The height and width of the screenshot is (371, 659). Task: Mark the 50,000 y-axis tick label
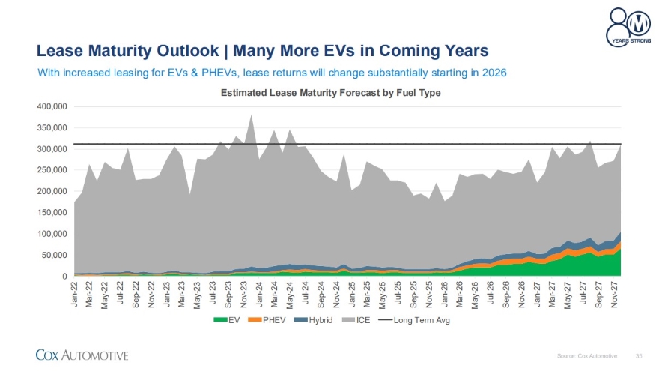coord(53,256)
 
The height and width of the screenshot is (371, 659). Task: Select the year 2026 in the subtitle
coord(494,73)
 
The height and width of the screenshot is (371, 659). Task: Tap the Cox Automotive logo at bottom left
coord(82,355)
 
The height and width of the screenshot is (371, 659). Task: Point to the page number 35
coord(638,355)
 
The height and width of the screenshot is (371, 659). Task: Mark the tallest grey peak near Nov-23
coord(251,115)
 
